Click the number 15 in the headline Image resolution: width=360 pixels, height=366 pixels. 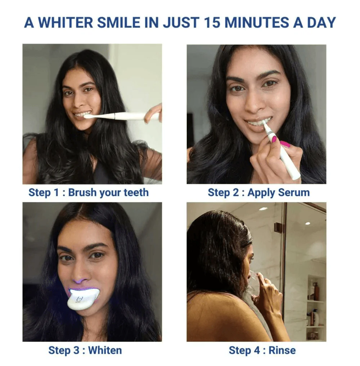212,22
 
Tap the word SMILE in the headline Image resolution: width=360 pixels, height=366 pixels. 118,22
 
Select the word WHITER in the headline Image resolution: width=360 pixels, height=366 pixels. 65,22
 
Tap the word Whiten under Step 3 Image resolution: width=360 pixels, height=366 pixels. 105,351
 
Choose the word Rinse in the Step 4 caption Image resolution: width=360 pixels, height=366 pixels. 282,351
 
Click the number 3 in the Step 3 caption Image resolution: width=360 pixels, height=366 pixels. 76,351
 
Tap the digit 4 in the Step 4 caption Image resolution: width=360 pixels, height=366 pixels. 257,351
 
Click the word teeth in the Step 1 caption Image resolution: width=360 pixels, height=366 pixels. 136,193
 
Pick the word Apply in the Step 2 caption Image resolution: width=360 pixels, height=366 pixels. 261,193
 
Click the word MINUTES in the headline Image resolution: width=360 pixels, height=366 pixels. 257,22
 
